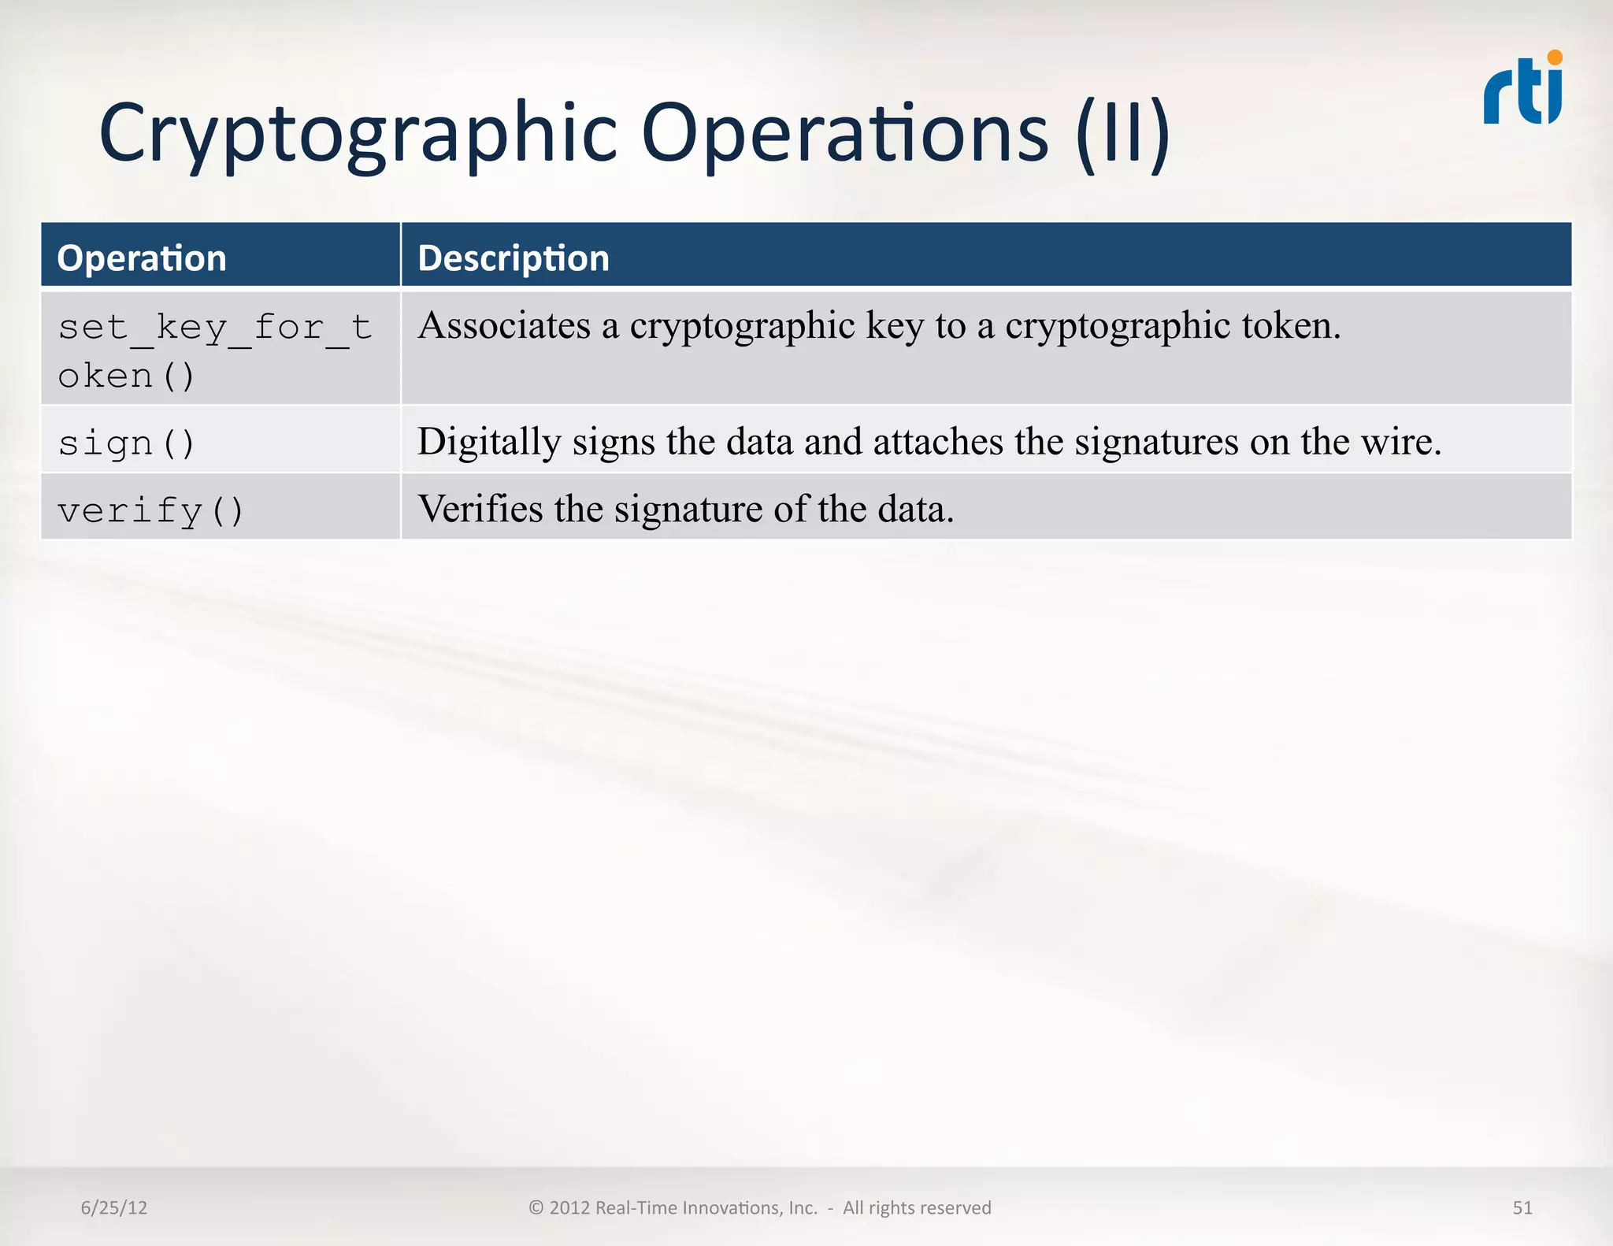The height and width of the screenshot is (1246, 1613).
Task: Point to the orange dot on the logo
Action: coord(1555,57)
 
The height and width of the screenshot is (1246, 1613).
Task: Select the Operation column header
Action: coord(142,258)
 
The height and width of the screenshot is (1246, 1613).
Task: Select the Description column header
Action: coord(514,258)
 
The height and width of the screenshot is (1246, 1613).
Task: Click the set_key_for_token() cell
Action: coord(214,350)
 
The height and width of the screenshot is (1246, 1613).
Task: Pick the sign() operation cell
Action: coord(126,443)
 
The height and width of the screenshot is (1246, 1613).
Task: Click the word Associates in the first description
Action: coord(504,325)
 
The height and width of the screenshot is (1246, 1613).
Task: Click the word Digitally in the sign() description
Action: coord(488,442)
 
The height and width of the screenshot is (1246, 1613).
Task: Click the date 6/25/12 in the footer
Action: coord(114,1207)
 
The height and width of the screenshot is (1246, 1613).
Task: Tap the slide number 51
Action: coord(1522,1207)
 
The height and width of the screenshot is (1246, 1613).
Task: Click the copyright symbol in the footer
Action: coord(536,1207)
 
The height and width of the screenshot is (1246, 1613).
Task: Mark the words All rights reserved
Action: coord(917,1207)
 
